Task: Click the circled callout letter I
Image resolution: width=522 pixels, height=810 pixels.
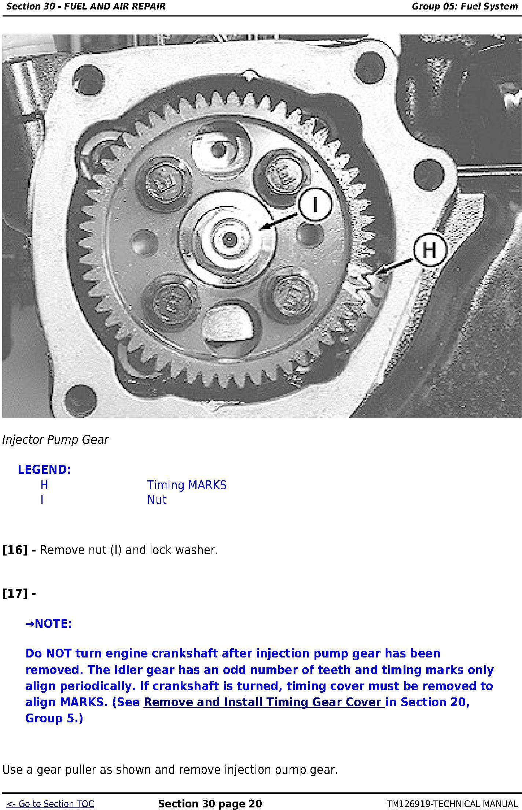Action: [315, 204]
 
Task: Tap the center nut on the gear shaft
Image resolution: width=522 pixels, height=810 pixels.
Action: [229, 239]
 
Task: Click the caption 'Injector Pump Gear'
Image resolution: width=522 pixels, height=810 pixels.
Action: [55, 440]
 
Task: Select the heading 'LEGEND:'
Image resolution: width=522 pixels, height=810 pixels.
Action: [44, 469]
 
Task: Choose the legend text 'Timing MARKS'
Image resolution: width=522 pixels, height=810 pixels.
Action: [187, 485]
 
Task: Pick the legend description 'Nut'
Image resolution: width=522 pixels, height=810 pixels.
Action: [157, 500]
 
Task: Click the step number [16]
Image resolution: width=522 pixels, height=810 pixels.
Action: [15, 550]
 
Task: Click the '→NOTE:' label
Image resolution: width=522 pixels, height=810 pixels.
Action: [49, 623]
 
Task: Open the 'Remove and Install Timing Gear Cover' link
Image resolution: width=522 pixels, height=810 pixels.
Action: [264, 702]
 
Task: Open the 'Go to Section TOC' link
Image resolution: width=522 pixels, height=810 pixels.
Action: [51, 804]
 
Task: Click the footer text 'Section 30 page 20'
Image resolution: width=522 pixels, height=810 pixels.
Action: [210, 804]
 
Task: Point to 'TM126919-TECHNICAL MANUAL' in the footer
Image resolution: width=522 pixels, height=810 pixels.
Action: [452, 804]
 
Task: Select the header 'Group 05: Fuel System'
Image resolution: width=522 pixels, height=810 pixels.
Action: [465, 6]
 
